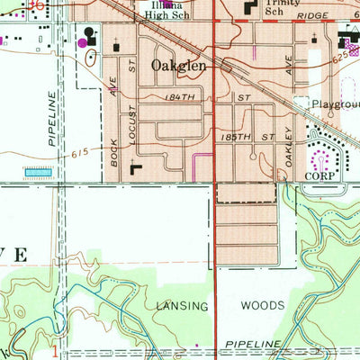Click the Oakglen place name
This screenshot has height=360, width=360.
click(x=179, y=66)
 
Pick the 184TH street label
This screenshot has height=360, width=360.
click(x=180, y=95)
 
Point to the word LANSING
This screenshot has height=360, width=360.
click(x=183, y=307)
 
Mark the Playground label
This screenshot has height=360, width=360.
click(x=335, y=104)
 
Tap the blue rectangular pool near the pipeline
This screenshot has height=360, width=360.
click(x=38, y=170)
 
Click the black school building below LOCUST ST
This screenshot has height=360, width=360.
click(x=136, y=167)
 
